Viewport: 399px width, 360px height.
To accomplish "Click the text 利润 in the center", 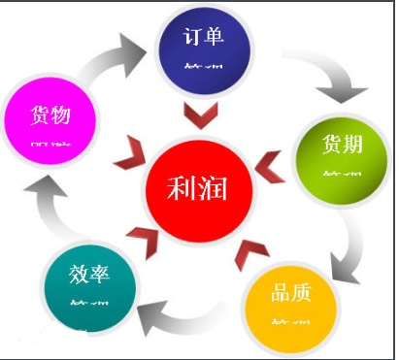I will coord(198,187).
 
